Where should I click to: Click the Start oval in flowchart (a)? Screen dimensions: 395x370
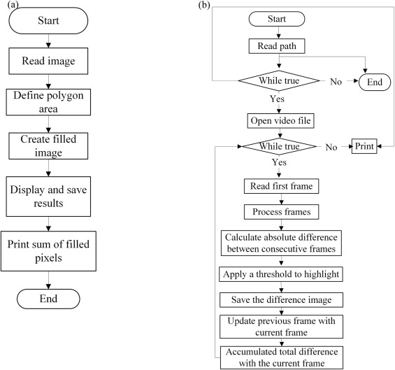(48, 20)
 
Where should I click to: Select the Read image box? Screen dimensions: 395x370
(48, 61)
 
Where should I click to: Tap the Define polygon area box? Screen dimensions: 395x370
(48, 102)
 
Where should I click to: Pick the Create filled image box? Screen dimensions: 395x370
(48, 146)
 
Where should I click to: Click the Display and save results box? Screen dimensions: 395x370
(48, 197)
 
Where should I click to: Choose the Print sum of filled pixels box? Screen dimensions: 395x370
(48, 251)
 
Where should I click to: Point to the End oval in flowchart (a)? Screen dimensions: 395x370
(48, 299)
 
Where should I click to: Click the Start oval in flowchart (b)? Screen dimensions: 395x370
(277, 19)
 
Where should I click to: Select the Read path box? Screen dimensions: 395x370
(277, 46)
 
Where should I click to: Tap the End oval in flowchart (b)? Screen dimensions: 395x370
(375, 82)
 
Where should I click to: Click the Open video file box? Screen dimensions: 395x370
(280, 121)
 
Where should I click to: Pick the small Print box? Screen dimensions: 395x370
(364, 146)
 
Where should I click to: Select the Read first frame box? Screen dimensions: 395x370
(281, 186)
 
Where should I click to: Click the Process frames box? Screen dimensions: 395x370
(281, 212)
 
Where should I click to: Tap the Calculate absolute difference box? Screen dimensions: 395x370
(281, 243)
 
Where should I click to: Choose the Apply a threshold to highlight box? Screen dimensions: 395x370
(281, 274)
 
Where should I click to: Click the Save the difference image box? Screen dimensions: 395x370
(281, 300)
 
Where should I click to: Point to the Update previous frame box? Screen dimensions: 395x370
(281, 327)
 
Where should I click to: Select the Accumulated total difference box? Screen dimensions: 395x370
(282, 357)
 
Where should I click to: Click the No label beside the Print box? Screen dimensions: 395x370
(331, 147)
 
